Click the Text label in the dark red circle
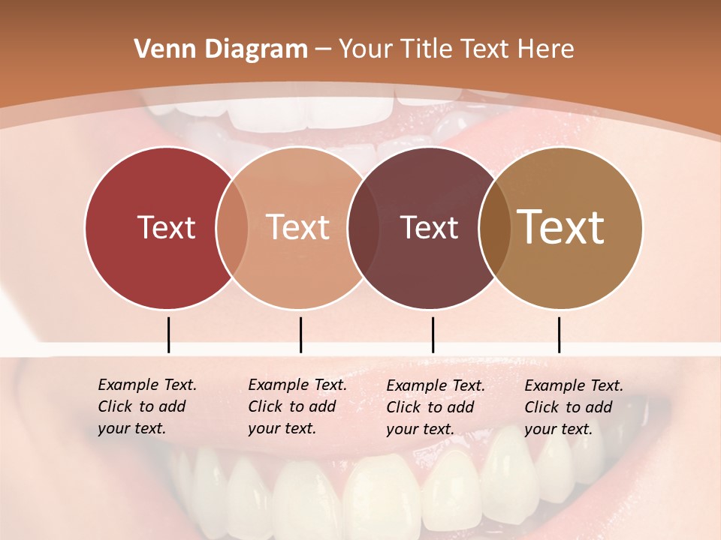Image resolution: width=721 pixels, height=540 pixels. pos(166,227)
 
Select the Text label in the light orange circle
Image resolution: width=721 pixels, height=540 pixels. pos(298,227)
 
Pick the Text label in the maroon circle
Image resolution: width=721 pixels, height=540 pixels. pos(429,227)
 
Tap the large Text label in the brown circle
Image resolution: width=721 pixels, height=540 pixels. pos(561,226)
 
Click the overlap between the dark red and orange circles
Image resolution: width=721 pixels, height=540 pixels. pos(232,227)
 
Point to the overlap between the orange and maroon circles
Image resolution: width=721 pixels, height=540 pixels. pos(364,227)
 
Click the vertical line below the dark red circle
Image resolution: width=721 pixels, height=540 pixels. pos(168,334)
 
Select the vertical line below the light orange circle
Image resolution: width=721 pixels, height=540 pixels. pos(300,334)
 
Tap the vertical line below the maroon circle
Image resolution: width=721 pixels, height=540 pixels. pos(433,334)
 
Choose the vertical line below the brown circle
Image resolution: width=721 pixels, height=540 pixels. pos(559,334)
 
